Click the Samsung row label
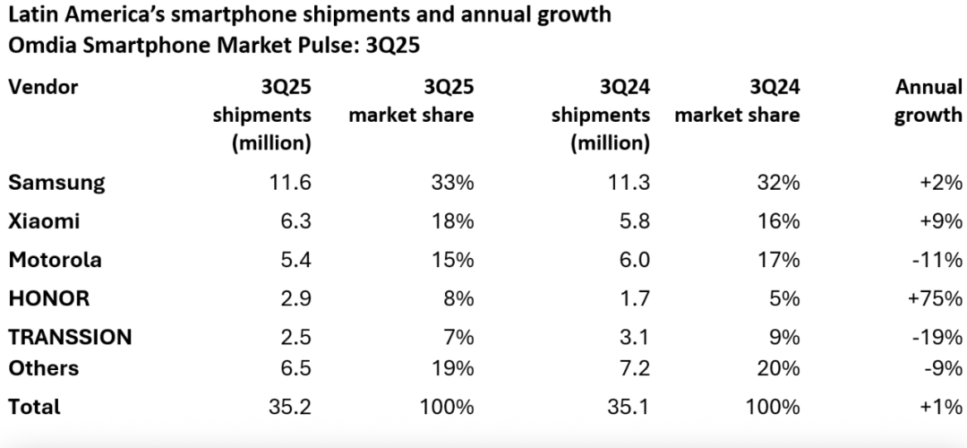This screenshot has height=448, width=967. point(56,183)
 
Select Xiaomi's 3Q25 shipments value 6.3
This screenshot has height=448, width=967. point(293,221)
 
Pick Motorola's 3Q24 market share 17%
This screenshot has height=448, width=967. point(777,261)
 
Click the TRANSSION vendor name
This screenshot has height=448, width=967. point(70,338)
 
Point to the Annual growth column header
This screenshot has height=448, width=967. point(928,101)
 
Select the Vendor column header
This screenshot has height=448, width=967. point(43,87)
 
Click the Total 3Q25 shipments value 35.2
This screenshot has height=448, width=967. point(287,407)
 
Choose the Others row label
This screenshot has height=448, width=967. point(43,368)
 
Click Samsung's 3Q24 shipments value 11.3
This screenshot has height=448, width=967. point(626,183)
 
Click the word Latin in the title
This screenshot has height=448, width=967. point(30,15)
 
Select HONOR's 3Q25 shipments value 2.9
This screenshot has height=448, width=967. point(293,299)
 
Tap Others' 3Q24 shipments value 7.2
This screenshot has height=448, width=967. point(631,368)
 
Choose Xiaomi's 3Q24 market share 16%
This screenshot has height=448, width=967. point(777,221)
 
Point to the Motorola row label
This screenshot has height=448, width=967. point(55,261)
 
